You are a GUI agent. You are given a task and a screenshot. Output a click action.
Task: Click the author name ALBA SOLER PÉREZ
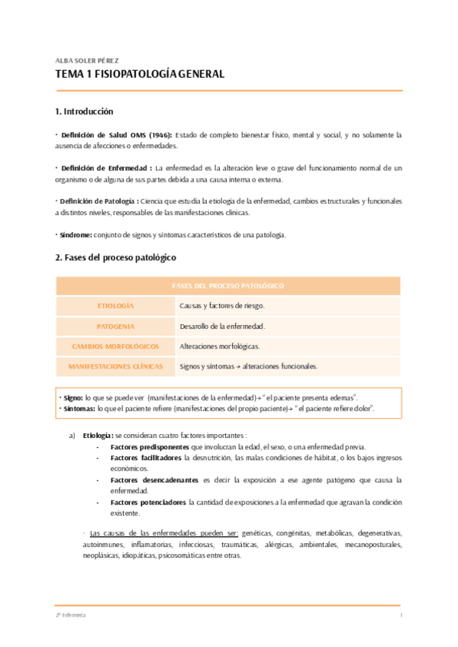coord(87,60)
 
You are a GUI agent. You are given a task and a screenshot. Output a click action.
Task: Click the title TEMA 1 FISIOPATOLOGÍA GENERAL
coord(140,75)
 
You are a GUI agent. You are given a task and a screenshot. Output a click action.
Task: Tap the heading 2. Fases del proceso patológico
coord(116,258)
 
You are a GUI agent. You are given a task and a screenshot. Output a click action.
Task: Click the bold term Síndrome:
coord(76,235)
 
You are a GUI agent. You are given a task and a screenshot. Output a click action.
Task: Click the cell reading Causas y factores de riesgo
coord(222,306)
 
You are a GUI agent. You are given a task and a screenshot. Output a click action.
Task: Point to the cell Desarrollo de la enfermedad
coord(222,327)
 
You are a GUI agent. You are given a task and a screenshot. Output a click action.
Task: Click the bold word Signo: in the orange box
coord(73,398)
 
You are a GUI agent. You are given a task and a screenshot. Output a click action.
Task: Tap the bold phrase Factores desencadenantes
coord(155,480)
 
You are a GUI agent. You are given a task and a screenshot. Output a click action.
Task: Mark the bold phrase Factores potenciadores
coord(148,503)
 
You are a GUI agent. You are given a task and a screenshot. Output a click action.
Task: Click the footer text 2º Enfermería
coord(70,615)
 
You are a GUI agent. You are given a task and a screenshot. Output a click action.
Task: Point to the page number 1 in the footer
coord(400,615)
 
